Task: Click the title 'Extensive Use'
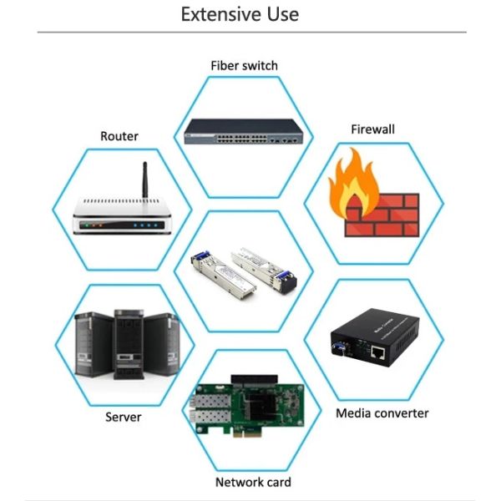(240, 14)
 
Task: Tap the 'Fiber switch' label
(244, 65)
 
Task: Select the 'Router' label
(119, 136)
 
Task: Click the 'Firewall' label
(372, 129)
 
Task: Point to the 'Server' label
(123, 417)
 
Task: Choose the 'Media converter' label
(382, 413)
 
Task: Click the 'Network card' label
(253, 482)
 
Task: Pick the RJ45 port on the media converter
(377, 354)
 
